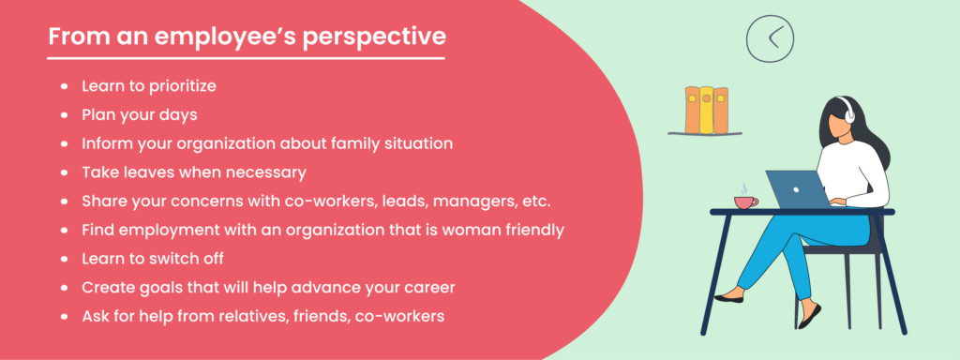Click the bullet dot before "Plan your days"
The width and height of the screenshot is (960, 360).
tap(64, 115)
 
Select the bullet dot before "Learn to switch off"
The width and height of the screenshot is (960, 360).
tap(64, 259)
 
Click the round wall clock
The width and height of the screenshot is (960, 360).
tap(770, 37)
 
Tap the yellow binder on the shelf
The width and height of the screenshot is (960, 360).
tap(706, 110)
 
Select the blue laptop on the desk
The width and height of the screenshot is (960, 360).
tap(797, 188)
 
